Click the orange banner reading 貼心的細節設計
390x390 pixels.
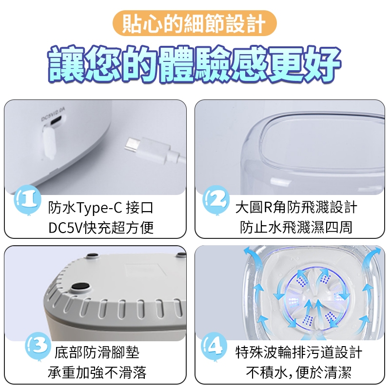click(195, 23)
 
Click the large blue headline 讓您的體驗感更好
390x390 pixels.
click(194, 64)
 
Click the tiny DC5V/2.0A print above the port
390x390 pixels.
click(53, 114)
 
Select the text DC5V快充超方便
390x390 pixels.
click(101, 228)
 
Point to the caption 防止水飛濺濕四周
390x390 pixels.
click(296, 227)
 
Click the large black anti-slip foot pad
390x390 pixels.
click(81, 287)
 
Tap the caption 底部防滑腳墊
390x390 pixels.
click(97, 352)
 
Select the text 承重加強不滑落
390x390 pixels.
click(97, 372)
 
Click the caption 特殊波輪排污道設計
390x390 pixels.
click(298, 352)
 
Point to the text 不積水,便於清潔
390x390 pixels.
click(298, 372)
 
